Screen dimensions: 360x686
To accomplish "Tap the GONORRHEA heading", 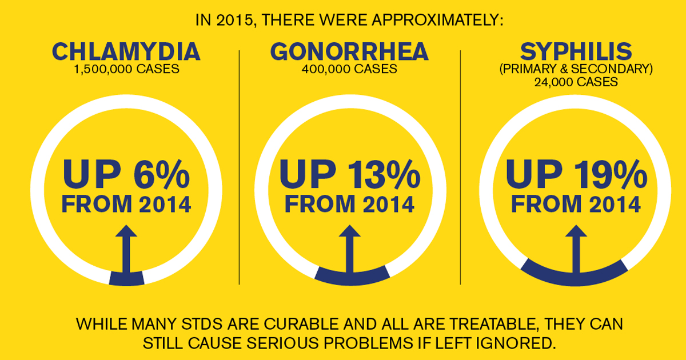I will point(349,52).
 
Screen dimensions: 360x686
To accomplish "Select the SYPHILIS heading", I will point(576,52).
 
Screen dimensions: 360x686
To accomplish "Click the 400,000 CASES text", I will point(349,70).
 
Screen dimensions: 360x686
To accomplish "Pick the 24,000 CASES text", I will point(576,82).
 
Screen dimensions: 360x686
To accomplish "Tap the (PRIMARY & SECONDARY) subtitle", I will point(576,70).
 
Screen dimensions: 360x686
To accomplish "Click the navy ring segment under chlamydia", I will point(126,278).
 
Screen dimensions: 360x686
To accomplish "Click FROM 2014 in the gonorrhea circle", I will point(349,204).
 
